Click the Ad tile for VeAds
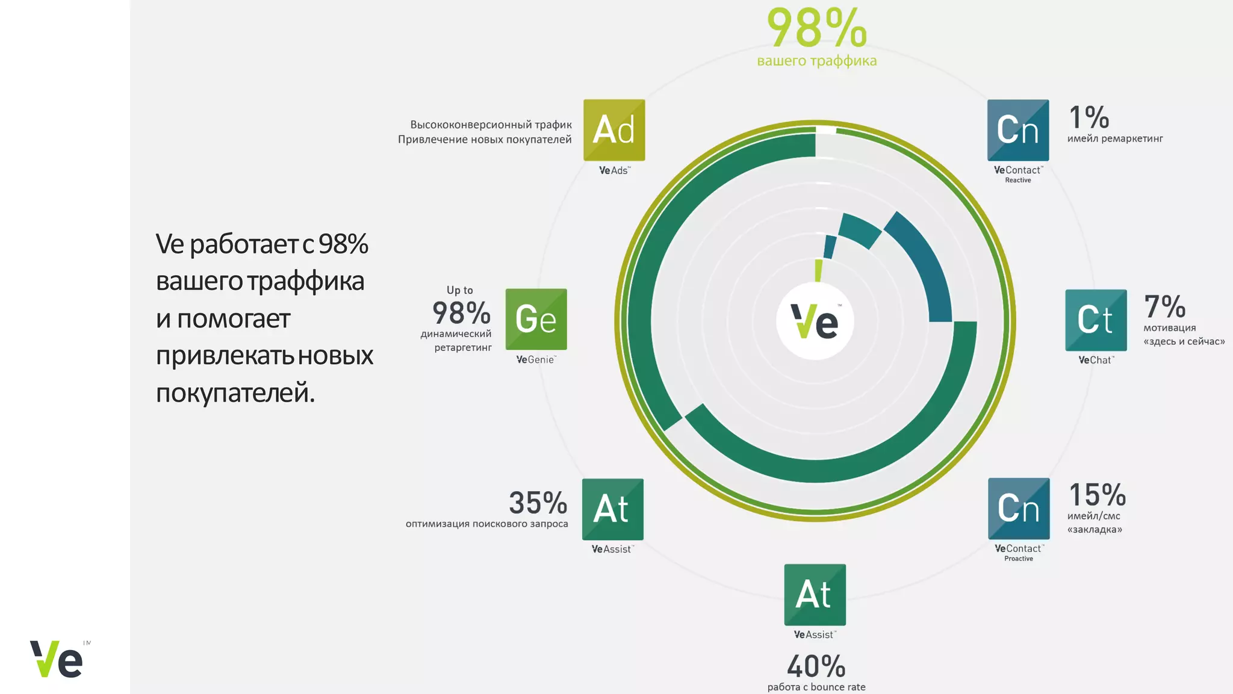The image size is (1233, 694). [614, 130]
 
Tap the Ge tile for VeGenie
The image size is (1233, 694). [536, 319]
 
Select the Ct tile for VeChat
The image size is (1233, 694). [1096, 320]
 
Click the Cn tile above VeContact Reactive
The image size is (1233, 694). [1018, 130]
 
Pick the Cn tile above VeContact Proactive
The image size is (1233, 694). [1019, 509]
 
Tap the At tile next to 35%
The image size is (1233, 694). [612, 509]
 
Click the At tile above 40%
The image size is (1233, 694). [815, 595]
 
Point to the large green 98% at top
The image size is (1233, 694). [817, 28]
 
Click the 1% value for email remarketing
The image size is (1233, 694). [1089, 117]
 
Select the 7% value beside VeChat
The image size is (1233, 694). [1164, 307]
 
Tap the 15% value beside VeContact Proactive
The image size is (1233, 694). [1097, 495]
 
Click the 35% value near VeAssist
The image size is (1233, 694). [538, 503]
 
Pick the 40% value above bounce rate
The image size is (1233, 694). [816, 667]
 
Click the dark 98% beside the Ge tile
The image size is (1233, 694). [461, 313]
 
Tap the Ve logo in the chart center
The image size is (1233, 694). [815, 321]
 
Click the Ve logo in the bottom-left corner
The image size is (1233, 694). [57, 659]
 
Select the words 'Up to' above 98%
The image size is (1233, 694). [460, 290]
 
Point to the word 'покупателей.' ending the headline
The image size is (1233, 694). [235, 392]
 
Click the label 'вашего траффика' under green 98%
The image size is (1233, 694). [817, 61]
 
